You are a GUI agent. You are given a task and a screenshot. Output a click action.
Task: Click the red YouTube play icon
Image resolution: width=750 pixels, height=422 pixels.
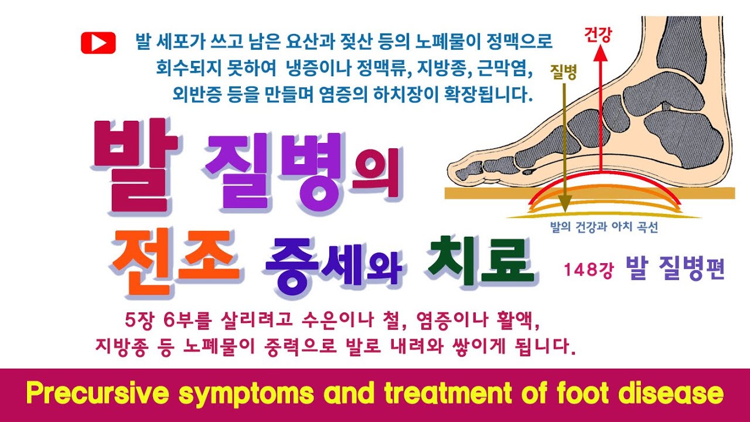[x=98, y=43]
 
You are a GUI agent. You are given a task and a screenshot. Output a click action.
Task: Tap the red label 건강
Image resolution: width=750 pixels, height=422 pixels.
[x=598, y=35]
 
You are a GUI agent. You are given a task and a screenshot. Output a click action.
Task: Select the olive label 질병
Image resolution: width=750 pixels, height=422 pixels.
[x=563, y=72]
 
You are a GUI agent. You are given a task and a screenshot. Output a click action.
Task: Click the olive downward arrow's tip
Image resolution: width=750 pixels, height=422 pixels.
[x=565, y=212]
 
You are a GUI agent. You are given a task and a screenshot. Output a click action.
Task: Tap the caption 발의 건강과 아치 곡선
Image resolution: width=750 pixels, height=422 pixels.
[x=604, y=227]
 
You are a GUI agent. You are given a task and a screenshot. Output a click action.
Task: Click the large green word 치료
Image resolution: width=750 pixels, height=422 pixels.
[x=481, y=261]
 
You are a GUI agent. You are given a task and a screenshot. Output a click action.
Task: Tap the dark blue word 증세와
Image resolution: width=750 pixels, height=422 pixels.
[x=333, y=268]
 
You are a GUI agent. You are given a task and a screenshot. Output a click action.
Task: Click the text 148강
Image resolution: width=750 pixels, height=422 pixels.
[x=589, y=270]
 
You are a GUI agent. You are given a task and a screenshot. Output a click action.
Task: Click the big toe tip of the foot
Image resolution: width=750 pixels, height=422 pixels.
[x=451, y=170]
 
